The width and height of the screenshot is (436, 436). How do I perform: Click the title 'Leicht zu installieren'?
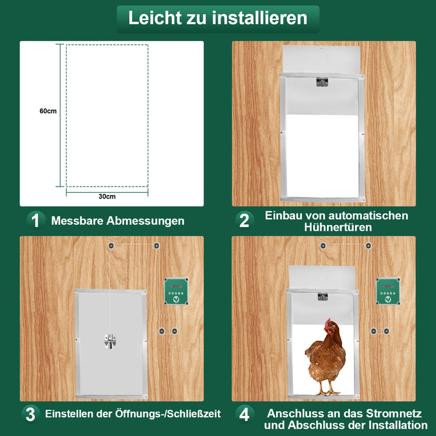click(x=217, y=18)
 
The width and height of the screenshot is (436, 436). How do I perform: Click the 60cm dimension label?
click(x=48, y=111)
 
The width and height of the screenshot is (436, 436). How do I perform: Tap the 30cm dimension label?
click(x=107, y=197)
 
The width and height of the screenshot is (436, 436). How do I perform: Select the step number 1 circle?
click(x=35, y=221)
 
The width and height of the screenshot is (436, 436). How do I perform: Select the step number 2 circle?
click(x=244, y=221)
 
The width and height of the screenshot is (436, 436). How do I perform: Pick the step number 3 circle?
click(x=30, y=414)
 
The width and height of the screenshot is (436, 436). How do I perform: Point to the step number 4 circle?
click(x=244, y=414)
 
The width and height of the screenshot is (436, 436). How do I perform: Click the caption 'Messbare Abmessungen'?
click(x=117, y=221)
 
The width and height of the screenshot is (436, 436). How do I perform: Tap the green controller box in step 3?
click(x=176, y=291)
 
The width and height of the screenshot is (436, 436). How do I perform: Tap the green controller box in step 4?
click(x=388, y=291)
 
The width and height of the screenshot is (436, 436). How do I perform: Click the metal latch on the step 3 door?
click(x=110, y=342)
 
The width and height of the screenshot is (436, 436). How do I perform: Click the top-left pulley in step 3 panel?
click(x=111, y=245)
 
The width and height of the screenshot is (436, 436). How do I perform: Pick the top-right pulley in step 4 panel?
click(x=368, y=245)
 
